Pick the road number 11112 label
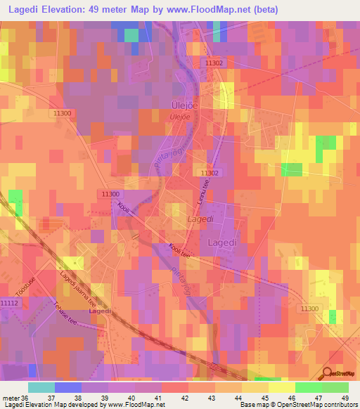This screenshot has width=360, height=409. pyautogui.click(x=10, y=302)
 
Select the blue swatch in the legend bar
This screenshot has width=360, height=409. pyautogui.click(x=67, y=387)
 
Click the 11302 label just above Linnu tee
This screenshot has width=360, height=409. pyautogui.click(x=210, y=173)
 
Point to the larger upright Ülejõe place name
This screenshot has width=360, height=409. pyautogui.click(x=181, y=105)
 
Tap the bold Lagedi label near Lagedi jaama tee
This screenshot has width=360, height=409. pyautogui.click(x=101, y=311)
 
